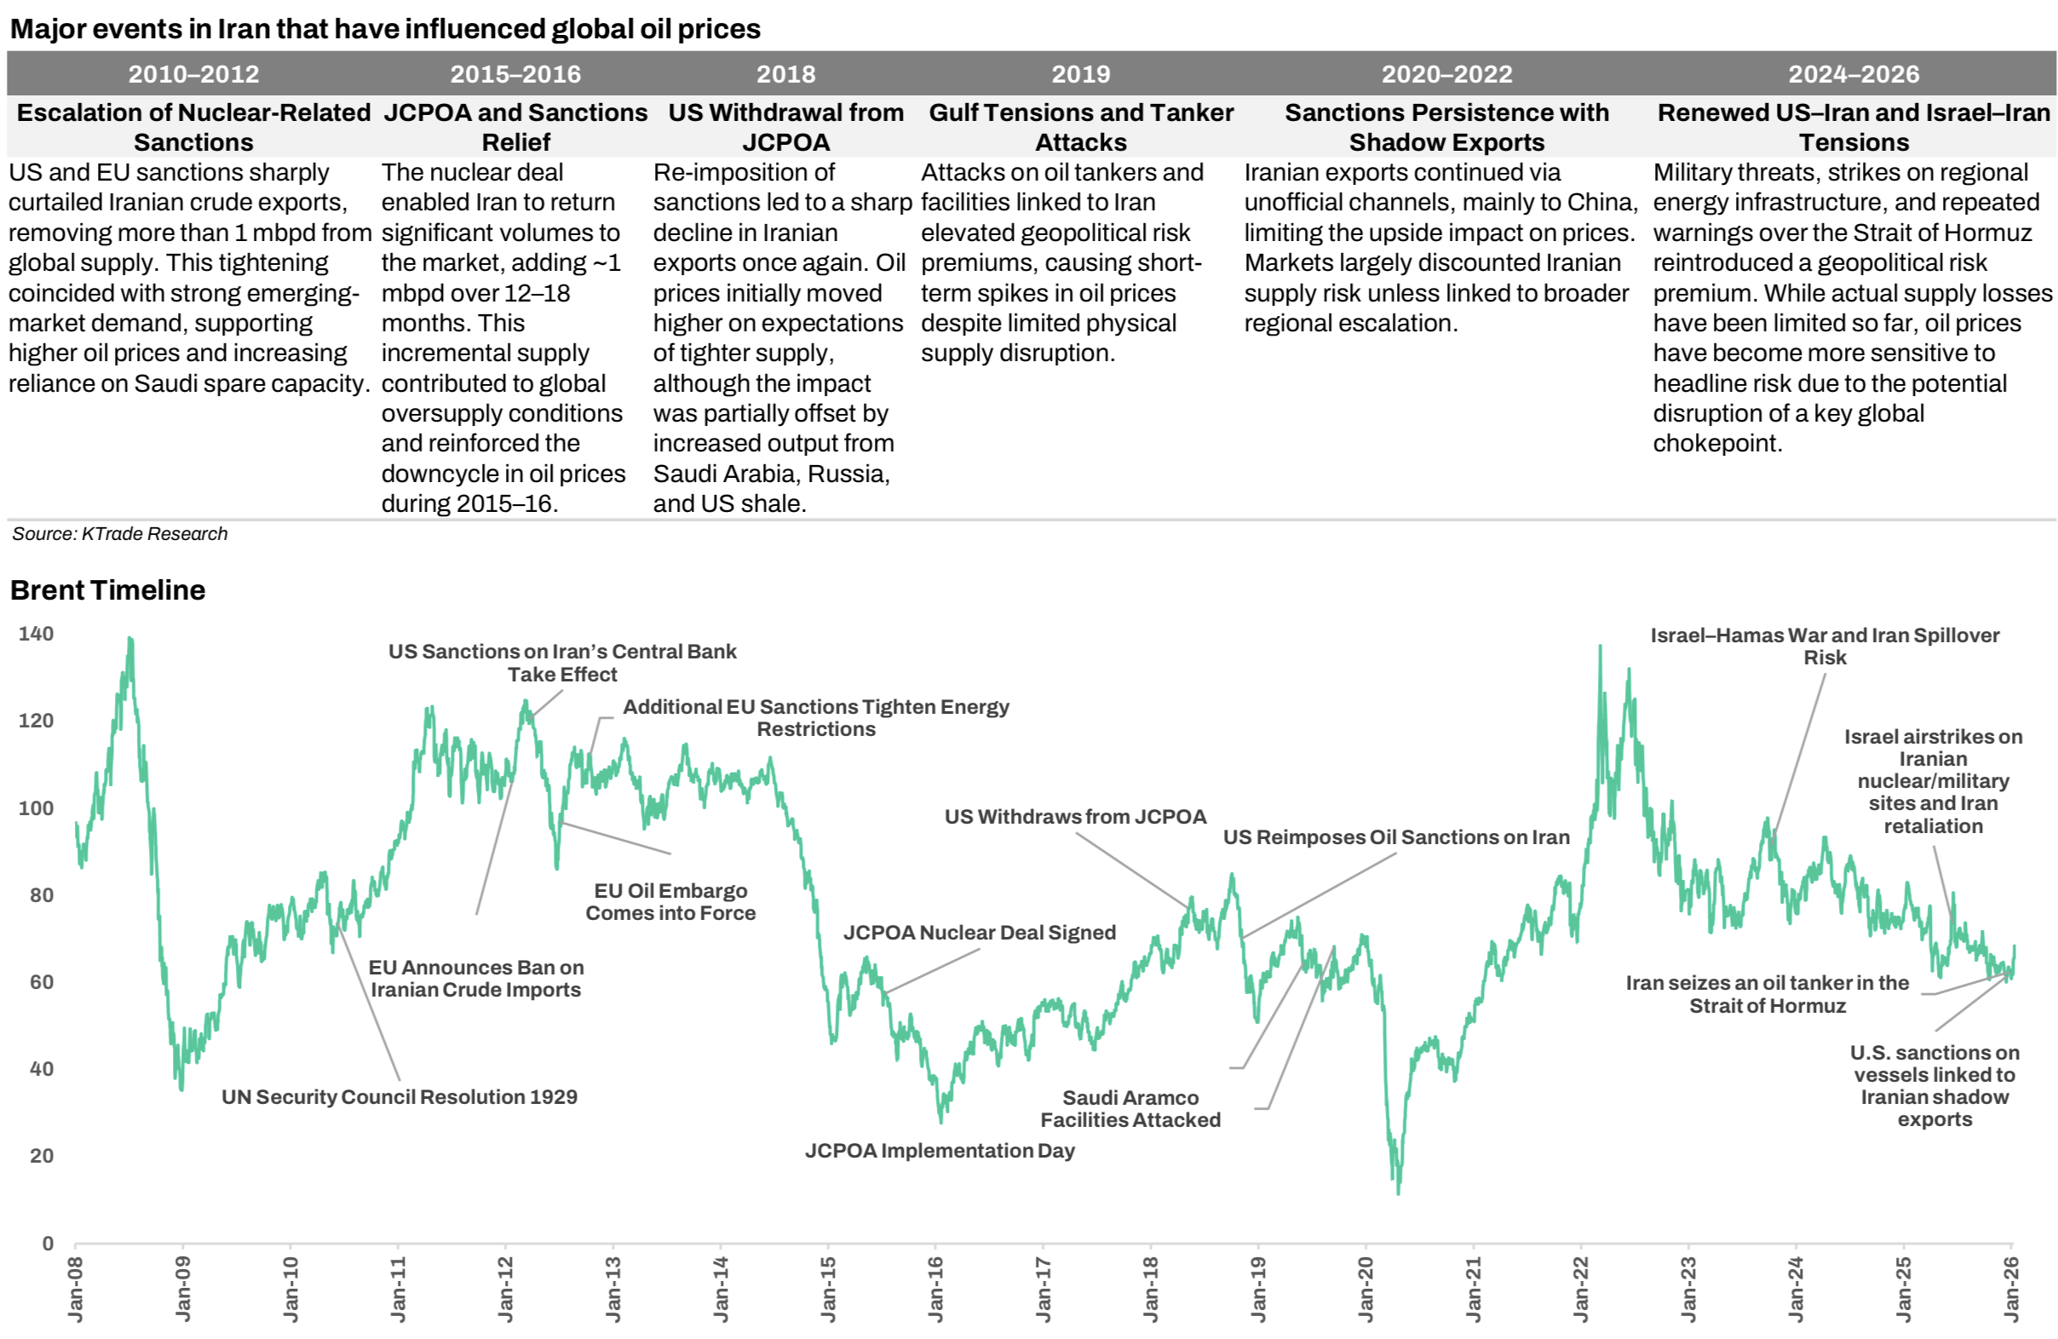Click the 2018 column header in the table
(785, 74)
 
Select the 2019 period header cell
(1080, 74)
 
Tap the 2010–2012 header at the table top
(193, 74)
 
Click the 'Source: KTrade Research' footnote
(119, 533)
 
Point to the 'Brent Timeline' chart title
(108, 589)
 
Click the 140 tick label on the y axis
(37, 634)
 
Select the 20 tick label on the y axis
(42, 1156)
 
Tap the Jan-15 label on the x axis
(828, 1289)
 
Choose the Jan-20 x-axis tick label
(1365, 1289)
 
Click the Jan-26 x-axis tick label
(2012, 1289)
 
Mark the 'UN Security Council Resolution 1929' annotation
(400, 1097)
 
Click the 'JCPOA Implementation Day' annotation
(940, 1151)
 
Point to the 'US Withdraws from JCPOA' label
(1075, 817)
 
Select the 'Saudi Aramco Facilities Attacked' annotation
(1130, 1109)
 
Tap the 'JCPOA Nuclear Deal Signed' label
(980, 933)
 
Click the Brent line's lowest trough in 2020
(1398, 1194)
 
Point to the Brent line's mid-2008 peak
(129, 639)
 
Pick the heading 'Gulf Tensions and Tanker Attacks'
(1081, 127)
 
